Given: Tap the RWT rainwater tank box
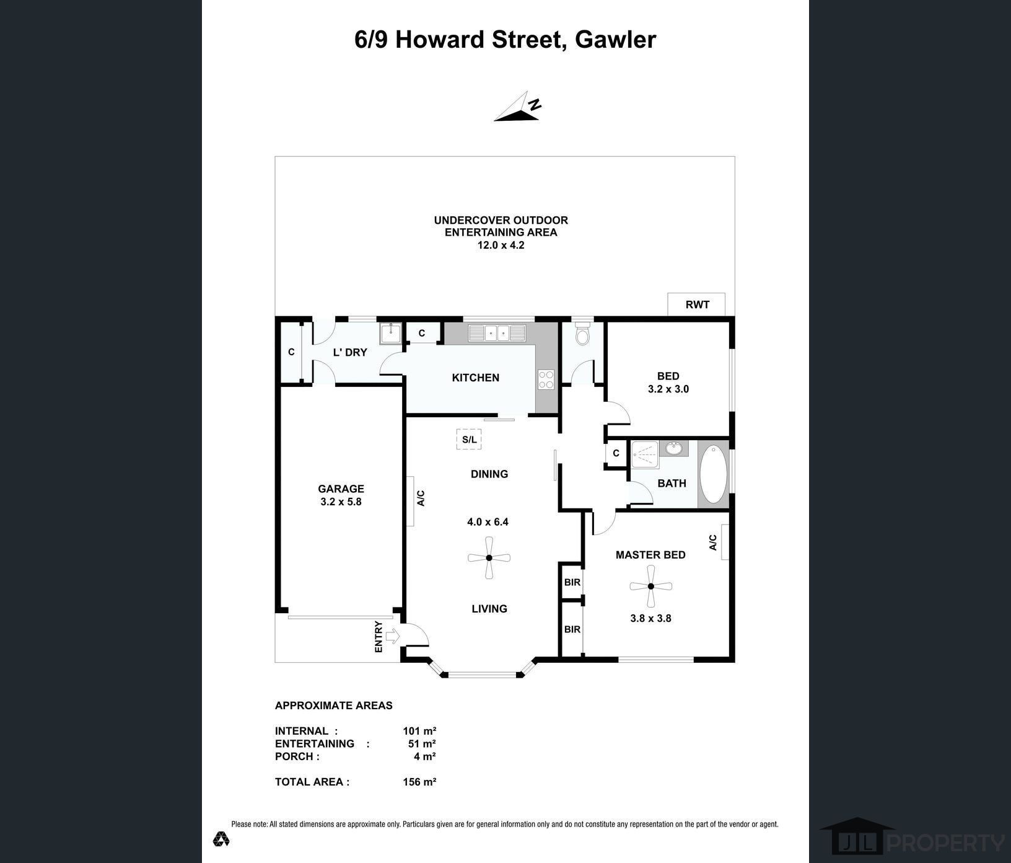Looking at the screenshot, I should tap(696, 304).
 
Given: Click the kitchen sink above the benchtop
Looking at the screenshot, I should tap(497, 334).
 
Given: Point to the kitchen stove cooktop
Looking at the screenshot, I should tap(546, 379).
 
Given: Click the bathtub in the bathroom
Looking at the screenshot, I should tap(714, 474).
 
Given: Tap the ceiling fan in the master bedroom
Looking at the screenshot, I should tap(650, 586).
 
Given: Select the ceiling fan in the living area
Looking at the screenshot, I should tap(489, 558).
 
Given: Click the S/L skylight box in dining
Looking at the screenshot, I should tap(469, 440).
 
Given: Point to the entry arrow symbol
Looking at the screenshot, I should tap(392, 636).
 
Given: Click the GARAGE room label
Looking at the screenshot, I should tap(341, 489).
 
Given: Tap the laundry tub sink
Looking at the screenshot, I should tap(390, 333).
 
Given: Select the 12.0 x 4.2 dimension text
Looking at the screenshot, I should tap(501, 245).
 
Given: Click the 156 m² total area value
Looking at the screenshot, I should tap(419, 782).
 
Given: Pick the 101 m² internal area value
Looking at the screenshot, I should tap(419, 731).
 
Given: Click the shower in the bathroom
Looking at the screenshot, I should tap(645, 454).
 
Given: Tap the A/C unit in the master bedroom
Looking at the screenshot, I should tap(724, 542).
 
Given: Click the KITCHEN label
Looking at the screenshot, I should tap(475, 378).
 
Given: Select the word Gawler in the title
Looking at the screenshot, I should tap(615, 40).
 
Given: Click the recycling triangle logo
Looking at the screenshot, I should tap(221, 839).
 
